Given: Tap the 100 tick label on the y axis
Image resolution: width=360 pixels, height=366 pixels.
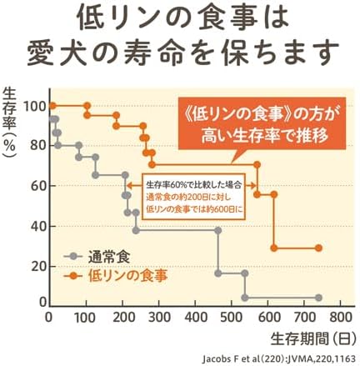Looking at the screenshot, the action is pyautogui.click(x=35, y=106).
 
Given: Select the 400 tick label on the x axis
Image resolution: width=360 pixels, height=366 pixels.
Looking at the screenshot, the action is pyautogui.click(x=196, y=317).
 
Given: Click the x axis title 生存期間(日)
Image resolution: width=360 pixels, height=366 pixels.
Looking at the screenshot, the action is pyautogui.click(x=312, y=338).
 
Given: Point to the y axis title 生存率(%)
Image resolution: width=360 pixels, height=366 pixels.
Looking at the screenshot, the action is pyautogui.click(x=9, y=123).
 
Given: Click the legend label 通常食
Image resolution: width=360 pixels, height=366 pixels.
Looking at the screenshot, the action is pyautogui.click(x=109, y=257).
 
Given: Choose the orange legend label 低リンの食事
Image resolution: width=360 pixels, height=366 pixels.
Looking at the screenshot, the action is pyautogui.click(x=127, y=275).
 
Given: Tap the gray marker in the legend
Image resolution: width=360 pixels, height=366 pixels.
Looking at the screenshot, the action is pyautogui.click(x=72, y=256).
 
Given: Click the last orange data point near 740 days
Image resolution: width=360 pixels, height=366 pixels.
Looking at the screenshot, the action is pyautogui.click(x=319, y=248).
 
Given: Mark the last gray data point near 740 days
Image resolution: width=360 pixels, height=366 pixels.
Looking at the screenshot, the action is pyautogui.click(x=319, y=298).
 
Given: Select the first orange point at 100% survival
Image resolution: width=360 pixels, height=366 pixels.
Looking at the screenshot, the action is pyautogui.click(x=52, y=106).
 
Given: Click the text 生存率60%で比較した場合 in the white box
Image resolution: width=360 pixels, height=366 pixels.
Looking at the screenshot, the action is pyautogui.click(x=195, y=184).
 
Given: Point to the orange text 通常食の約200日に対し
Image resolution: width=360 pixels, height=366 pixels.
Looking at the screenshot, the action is pyautogui.click(x=188, y=197).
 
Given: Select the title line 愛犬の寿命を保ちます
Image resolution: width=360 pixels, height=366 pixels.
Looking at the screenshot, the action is pyautogui.click(x=183, y=52).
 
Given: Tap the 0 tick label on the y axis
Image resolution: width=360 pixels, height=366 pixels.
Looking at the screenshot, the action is pyautogui.click(x=43, y=303).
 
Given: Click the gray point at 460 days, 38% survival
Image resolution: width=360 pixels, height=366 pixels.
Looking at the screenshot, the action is pyautogui.click(x=218, y=230).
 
